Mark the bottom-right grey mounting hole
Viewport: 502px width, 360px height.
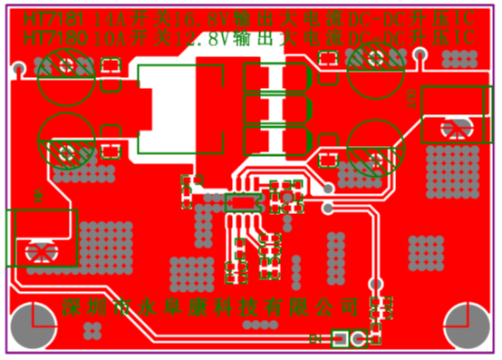tap(468, 325)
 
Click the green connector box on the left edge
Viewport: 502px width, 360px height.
tap(41, 238)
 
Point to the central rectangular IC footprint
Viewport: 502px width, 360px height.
tap(242, 202)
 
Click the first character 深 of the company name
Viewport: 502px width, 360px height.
tap(72, 306)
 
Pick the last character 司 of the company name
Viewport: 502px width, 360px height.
tap(350, 306)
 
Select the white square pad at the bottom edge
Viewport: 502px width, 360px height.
tap(341, 339)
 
